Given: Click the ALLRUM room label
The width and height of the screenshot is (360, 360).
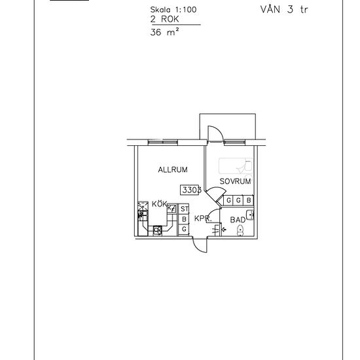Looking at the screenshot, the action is coord(173,170).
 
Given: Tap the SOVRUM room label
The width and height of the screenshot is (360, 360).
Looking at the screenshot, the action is coord(235,181).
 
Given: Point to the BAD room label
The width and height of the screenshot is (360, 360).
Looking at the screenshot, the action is coord(238,220).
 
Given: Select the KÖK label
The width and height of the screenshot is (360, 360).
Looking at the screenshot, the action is coord(159,204).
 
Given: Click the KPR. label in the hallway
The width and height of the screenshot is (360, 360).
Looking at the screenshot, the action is coord(203,219).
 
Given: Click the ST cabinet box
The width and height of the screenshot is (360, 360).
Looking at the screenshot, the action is coord(184,209).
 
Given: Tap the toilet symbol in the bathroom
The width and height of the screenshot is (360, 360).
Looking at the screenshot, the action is coord(240,230).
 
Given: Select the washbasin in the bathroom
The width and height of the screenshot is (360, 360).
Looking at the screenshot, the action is coord(250,215).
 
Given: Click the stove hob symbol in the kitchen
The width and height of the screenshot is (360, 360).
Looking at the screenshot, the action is coord(158,230).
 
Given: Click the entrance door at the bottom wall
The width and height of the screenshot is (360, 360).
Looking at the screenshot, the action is coord(200,245).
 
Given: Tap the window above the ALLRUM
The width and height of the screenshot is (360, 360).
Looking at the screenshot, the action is coord(163,142).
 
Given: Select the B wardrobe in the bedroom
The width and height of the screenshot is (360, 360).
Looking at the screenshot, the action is coord(249,200).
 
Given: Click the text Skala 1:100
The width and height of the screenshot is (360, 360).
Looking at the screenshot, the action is coord(173,10).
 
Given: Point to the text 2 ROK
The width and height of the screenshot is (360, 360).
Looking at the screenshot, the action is coord(164,19).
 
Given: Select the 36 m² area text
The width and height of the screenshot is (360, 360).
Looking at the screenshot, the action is coord(164,32).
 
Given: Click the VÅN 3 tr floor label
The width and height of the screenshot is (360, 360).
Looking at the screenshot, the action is coord(284,9).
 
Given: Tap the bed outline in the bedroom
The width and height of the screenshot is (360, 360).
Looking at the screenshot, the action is coord(236,166).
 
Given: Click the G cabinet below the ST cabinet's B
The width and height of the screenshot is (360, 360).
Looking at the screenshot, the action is coord(184,229).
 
